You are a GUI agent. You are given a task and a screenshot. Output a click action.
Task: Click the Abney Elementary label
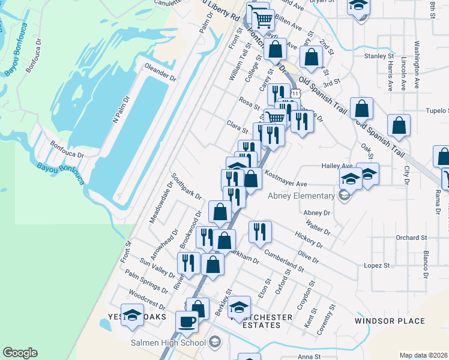pyautogui.click(x=301, y=196)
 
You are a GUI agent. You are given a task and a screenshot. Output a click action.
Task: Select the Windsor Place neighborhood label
pyautogui.click(x=390, y=321)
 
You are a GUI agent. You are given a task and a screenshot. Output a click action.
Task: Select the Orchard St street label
pyautogui.click(x=411, y=238)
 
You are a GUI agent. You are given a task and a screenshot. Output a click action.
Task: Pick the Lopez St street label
pyautogui.click(x=378, y=265)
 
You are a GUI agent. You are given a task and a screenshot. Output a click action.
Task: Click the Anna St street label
pyautogui.click(x=310, y=356)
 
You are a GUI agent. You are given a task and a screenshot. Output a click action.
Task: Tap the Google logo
pyautogui.click(x=20, y=353)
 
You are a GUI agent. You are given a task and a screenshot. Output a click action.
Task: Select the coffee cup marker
pyautogui.click(x=187, y=321)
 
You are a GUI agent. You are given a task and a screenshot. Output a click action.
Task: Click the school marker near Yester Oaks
pyautogui.click(x=132, y=314)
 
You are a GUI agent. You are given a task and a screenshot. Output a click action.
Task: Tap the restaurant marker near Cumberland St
pyautogui.click(x=260, y=231)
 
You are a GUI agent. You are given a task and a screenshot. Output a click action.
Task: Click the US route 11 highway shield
pyautogui.click(x=295, y=94)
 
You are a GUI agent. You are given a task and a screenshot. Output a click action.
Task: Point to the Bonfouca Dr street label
pyautogui.click(x=67, y=145)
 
